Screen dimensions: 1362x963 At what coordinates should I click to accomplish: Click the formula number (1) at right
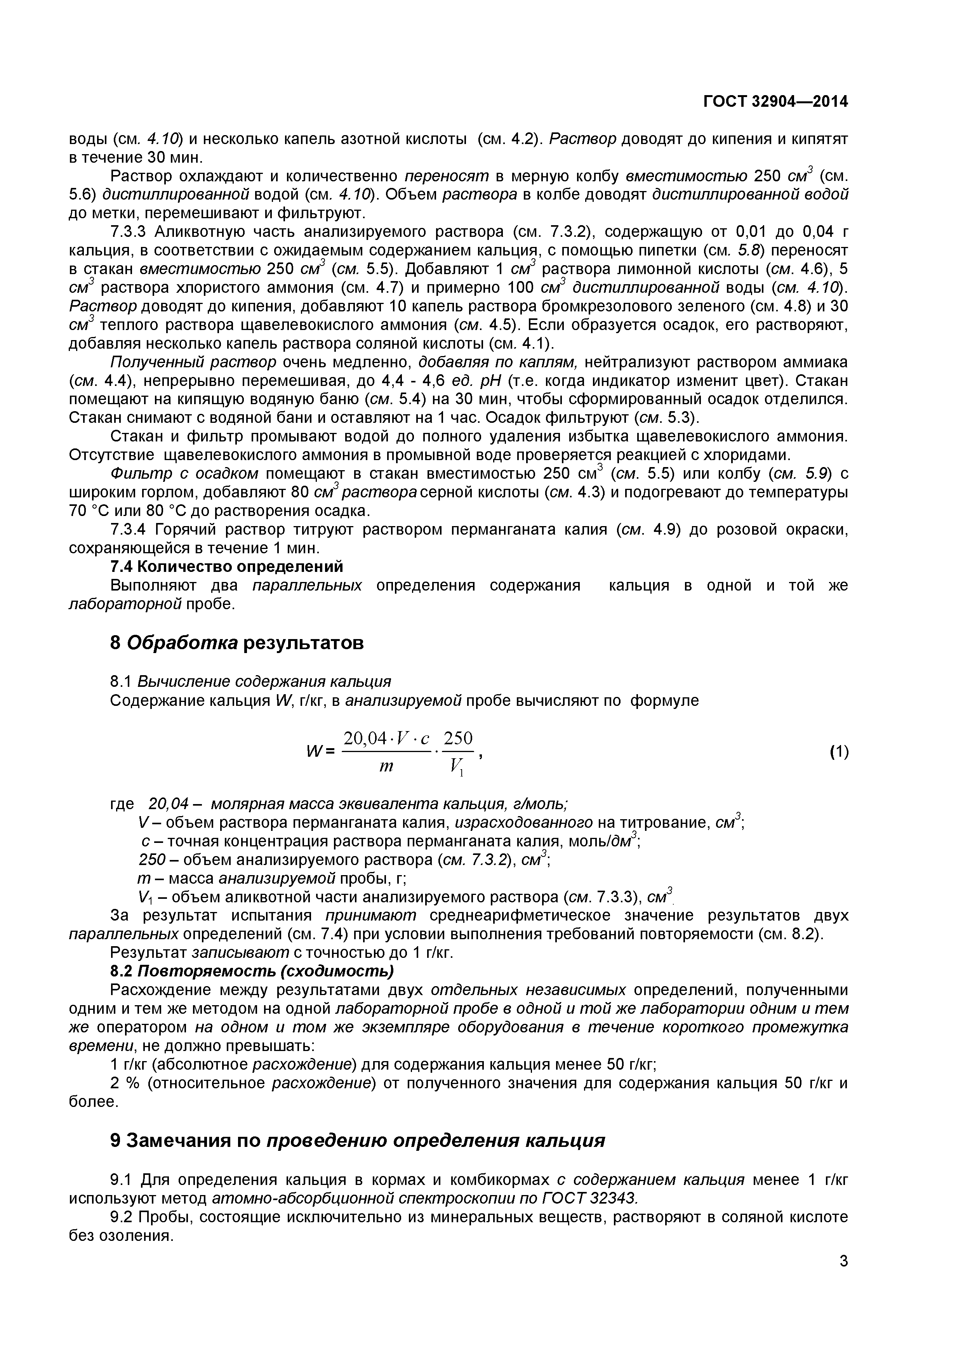(x=838, y=752)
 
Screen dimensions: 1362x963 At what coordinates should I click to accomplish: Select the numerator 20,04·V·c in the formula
(x=387, y=738)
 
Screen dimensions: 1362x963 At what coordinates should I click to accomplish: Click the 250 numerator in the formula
(x=458, y=738)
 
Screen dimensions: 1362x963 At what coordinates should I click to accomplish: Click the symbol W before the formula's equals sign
(x=313, y=752)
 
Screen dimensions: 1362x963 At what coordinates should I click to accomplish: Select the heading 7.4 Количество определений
(x=227, y=566)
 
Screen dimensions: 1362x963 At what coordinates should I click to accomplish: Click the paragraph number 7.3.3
(x=130, y=231)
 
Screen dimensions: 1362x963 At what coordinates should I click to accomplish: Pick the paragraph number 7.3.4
(x=130, y=529)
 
